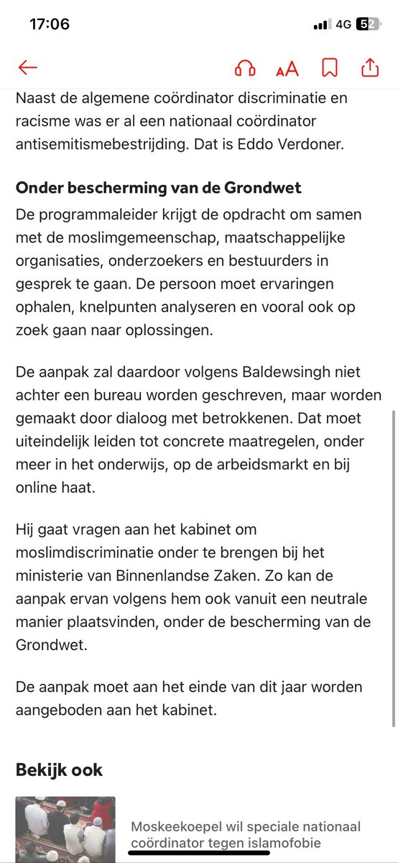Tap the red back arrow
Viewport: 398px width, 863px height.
pos(27,68)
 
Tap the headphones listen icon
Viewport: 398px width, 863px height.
pos(246,68)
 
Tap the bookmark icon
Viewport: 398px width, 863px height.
pos(330,68)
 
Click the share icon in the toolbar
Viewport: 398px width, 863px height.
pos(369,68)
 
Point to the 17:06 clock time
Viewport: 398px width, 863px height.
pos(49,24)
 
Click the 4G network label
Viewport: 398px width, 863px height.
pos(343,24)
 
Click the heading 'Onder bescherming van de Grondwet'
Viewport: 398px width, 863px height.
pos(158,189)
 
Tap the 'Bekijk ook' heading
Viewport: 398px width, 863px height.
pos(59,770)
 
